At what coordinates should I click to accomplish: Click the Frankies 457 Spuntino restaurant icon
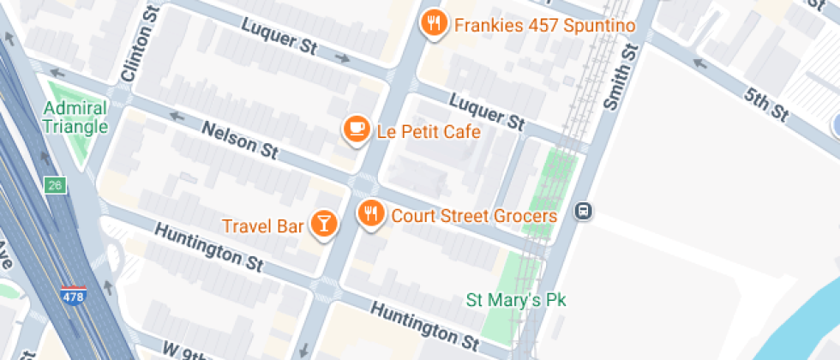click(435, 23)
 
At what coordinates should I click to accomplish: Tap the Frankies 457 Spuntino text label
click(544, 25)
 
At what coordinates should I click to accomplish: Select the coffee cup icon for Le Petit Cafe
click(357, 129)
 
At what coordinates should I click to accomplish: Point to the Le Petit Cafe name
click(429, 132)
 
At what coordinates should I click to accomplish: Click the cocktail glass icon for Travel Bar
click(323, 224)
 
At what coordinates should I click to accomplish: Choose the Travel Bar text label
click(263, 227)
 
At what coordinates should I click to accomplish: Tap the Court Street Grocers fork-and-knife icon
click(370, 213)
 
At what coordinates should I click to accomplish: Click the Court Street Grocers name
click(474, 215)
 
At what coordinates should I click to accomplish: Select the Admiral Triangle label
click(75, 118)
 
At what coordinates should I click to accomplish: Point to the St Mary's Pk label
click(516, 300)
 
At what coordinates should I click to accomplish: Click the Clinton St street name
click(137, 53)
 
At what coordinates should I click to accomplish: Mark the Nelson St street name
click(240, 141)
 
